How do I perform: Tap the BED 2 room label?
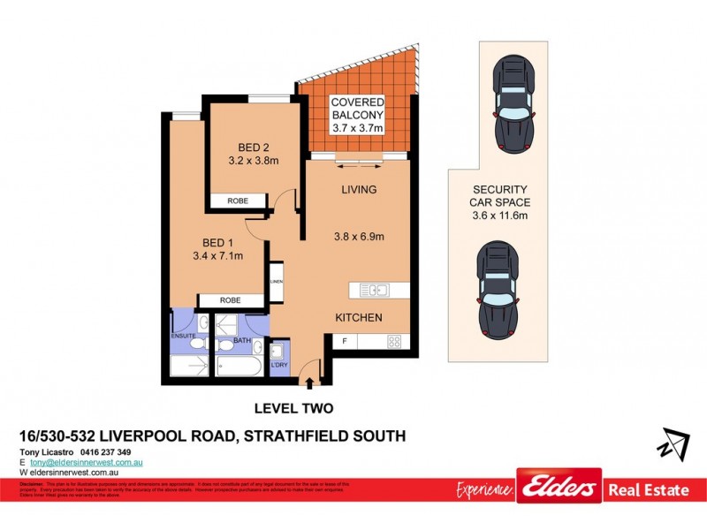254,148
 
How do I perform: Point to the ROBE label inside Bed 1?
229,300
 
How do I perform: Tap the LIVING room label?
359,190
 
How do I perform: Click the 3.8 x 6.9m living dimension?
359,236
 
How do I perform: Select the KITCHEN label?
358,317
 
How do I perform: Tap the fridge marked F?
344,341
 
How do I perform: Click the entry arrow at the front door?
310,382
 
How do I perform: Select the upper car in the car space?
513,102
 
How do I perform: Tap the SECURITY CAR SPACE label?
500,201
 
